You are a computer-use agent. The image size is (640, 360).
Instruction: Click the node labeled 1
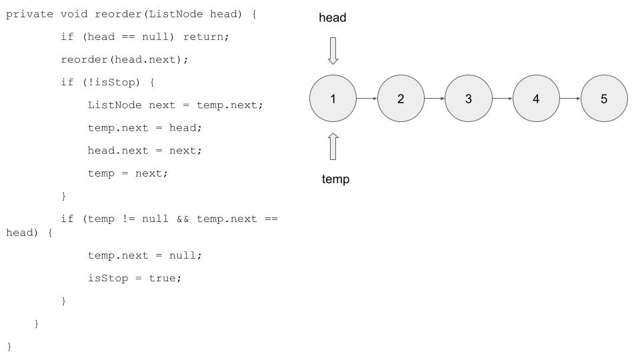(x=333, y=99)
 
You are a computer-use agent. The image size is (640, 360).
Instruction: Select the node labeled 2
(x=401, y=99)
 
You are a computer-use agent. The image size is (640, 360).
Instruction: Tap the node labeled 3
(x=469, y=99)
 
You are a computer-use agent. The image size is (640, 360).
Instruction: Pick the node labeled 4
(x=536, y=99)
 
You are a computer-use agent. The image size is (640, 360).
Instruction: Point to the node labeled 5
(x=604, y=99)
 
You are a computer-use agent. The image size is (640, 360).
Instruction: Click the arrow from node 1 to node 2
(x=367, y=99)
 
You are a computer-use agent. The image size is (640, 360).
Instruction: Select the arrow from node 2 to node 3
(x=435, y=99)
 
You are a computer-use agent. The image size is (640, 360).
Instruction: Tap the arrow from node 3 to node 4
(x=502, y=99)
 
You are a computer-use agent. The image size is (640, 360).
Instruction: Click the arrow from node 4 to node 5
(x=570, y=99)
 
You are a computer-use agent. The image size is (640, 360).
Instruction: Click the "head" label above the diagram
(x=333, y=18)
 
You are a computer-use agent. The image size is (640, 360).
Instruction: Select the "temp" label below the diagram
(x=335, y=179)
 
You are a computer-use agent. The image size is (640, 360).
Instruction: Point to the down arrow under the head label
(x=333, y=51)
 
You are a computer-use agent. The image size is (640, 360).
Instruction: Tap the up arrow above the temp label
(x=333, y=146)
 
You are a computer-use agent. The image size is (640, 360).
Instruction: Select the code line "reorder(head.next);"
(x=125, y=60)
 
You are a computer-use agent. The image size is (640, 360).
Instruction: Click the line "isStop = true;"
(x=135, y=278)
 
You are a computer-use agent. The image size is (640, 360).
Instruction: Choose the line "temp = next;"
(x=128, y=173)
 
